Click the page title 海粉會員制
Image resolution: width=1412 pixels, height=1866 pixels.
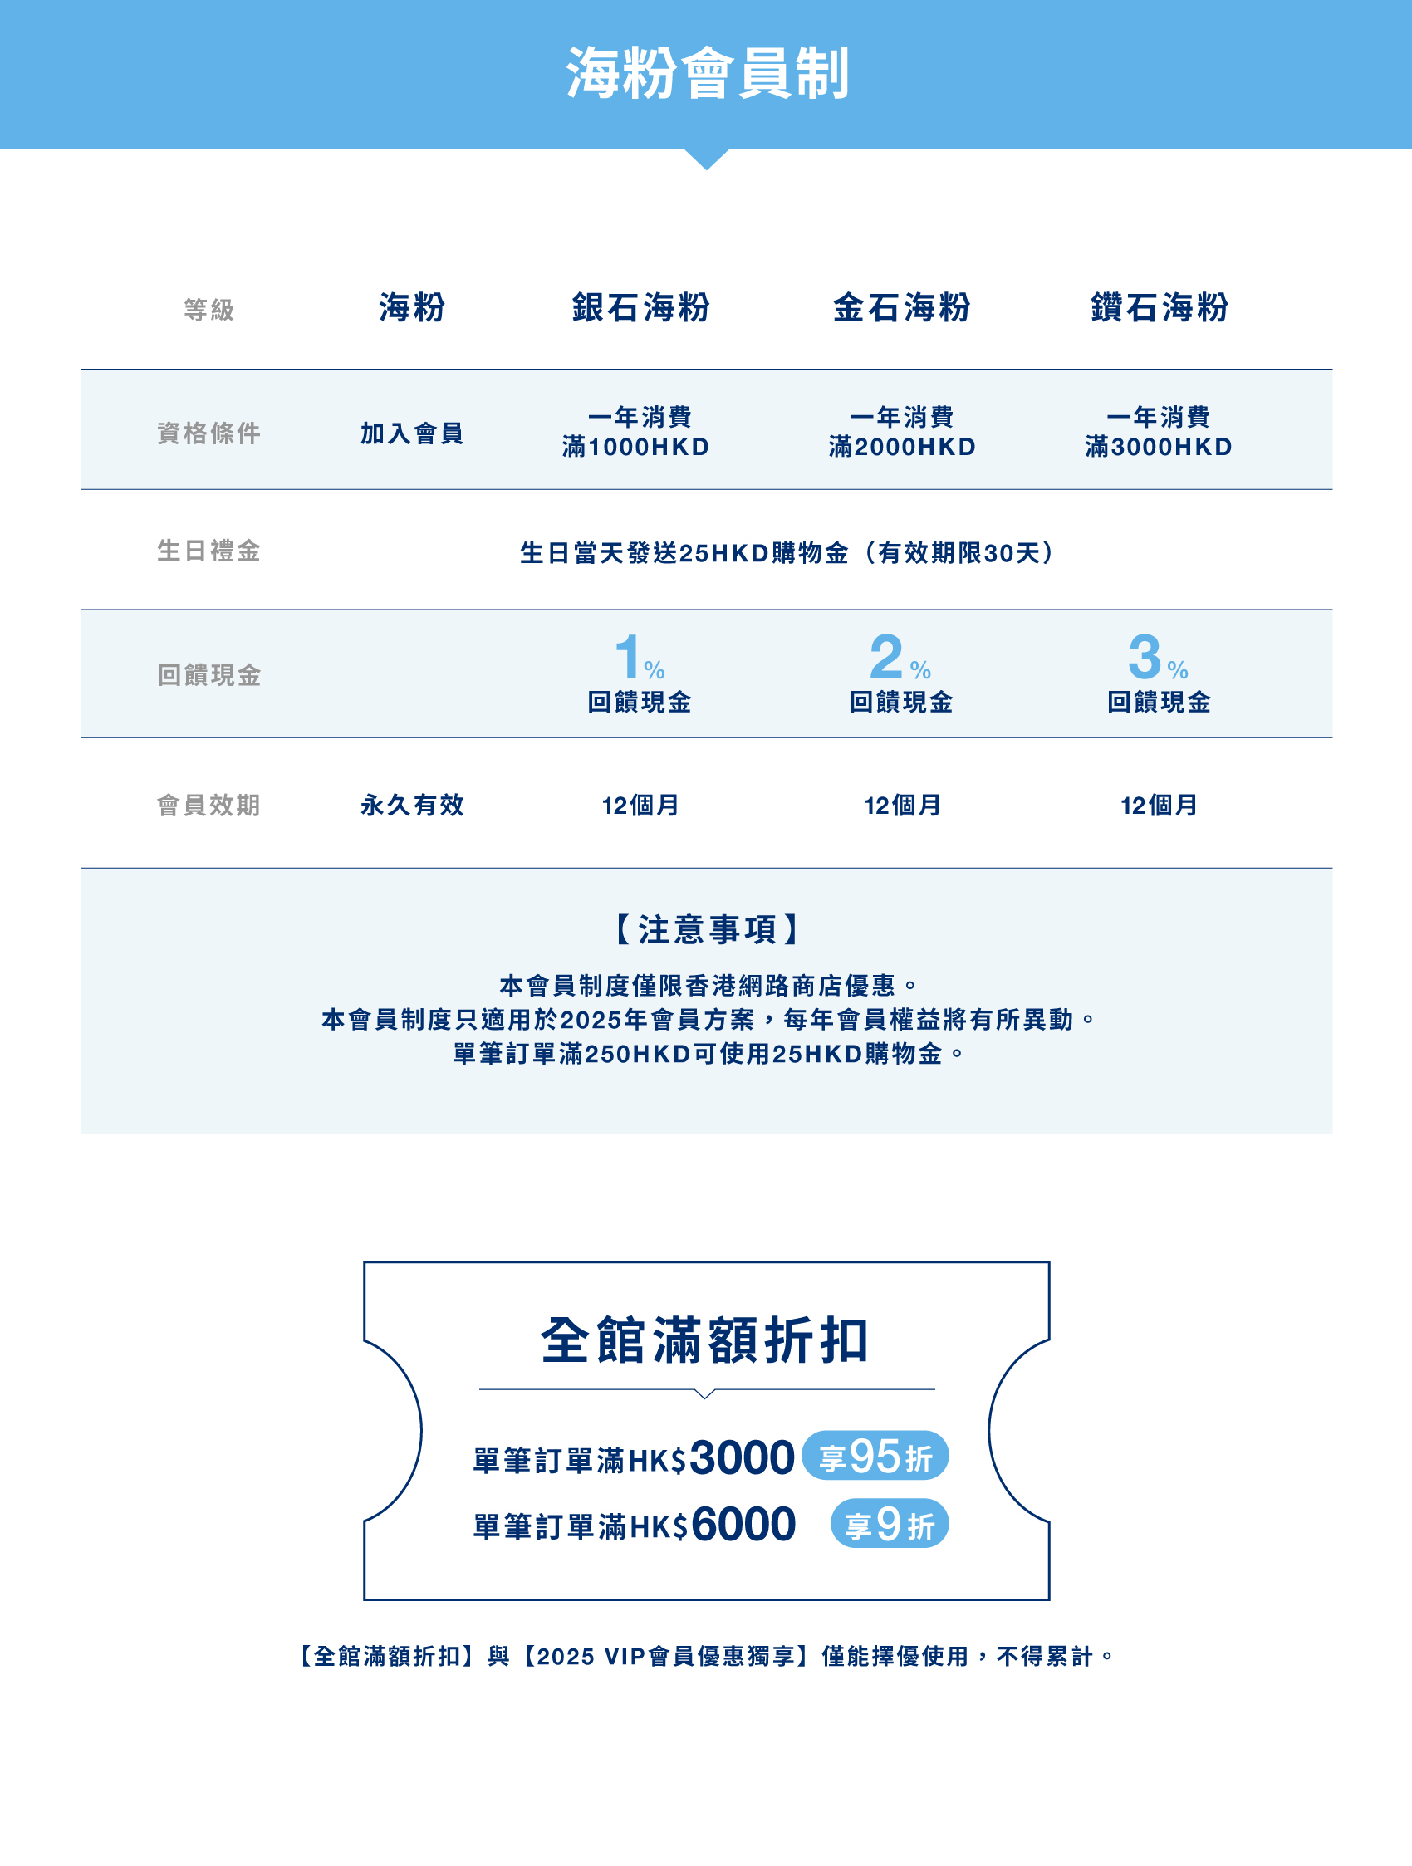coord(707,74)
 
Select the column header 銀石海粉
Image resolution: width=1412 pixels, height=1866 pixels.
coord(641,308)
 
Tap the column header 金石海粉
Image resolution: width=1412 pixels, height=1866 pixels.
coord(902,308)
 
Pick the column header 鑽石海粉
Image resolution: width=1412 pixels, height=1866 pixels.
coord(1160,308)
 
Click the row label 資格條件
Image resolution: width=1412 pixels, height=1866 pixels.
coord(209,433)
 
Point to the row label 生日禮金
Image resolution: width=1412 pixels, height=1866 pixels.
coord(209,551)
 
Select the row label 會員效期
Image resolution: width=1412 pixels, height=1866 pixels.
coord(209,806)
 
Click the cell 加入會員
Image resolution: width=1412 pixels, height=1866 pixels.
coord(413,433)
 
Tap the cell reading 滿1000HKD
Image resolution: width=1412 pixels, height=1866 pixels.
coord(636,447)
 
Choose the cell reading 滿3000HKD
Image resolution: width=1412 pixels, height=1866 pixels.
coord(1159,447)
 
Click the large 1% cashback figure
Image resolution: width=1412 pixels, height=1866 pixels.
coord(639,658)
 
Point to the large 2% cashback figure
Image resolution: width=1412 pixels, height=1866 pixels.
coord(900,658)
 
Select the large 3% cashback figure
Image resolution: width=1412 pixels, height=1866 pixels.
coord(1157,658)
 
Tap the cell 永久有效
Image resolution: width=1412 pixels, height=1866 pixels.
coord(413,806)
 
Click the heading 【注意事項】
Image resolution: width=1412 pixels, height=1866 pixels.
coord(707,929)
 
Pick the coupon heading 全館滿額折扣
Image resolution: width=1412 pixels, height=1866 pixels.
coord(705,1340)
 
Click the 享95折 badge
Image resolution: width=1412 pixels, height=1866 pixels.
coord(875,1456)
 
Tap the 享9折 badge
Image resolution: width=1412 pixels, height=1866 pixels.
coord(889,1525)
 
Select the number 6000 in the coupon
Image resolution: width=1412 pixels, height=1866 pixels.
coord(743,1525)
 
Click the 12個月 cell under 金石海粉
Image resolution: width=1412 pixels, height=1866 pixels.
coord(902,806)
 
